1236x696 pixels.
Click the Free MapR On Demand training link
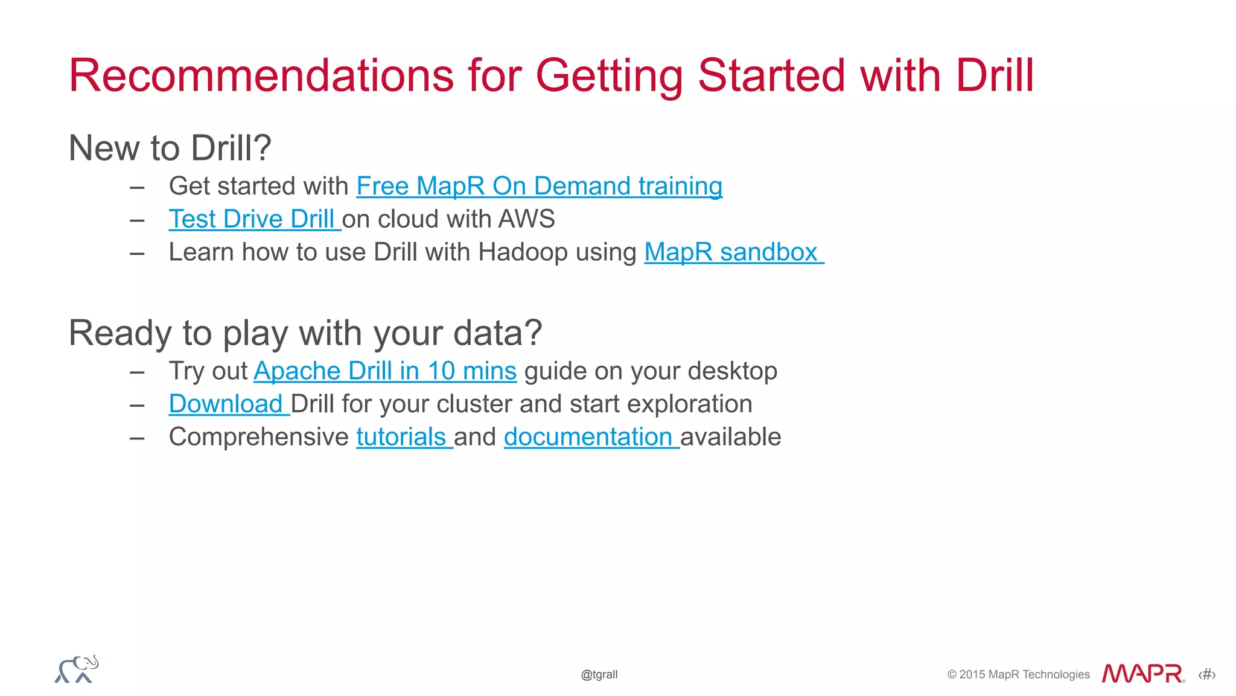point(539,187)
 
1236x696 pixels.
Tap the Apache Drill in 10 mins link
point(384,371)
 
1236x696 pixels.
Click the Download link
point(226,404)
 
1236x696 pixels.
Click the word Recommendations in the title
point(261,75)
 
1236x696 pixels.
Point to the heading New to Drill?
point(170,148)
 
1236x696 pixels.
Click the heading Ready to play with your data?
point(305,333)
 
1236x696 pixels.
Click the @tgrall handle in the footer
point(599,674)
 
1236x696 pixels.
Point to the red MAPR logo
point(1142,674)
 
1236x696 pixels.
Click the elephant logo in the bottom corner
point(77,669)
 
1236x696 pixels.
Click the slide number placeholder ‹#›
point(1206,674)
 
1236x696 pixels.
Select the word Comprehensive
point(258,437)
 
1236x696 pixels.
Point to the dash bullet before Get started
point(137,188)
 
